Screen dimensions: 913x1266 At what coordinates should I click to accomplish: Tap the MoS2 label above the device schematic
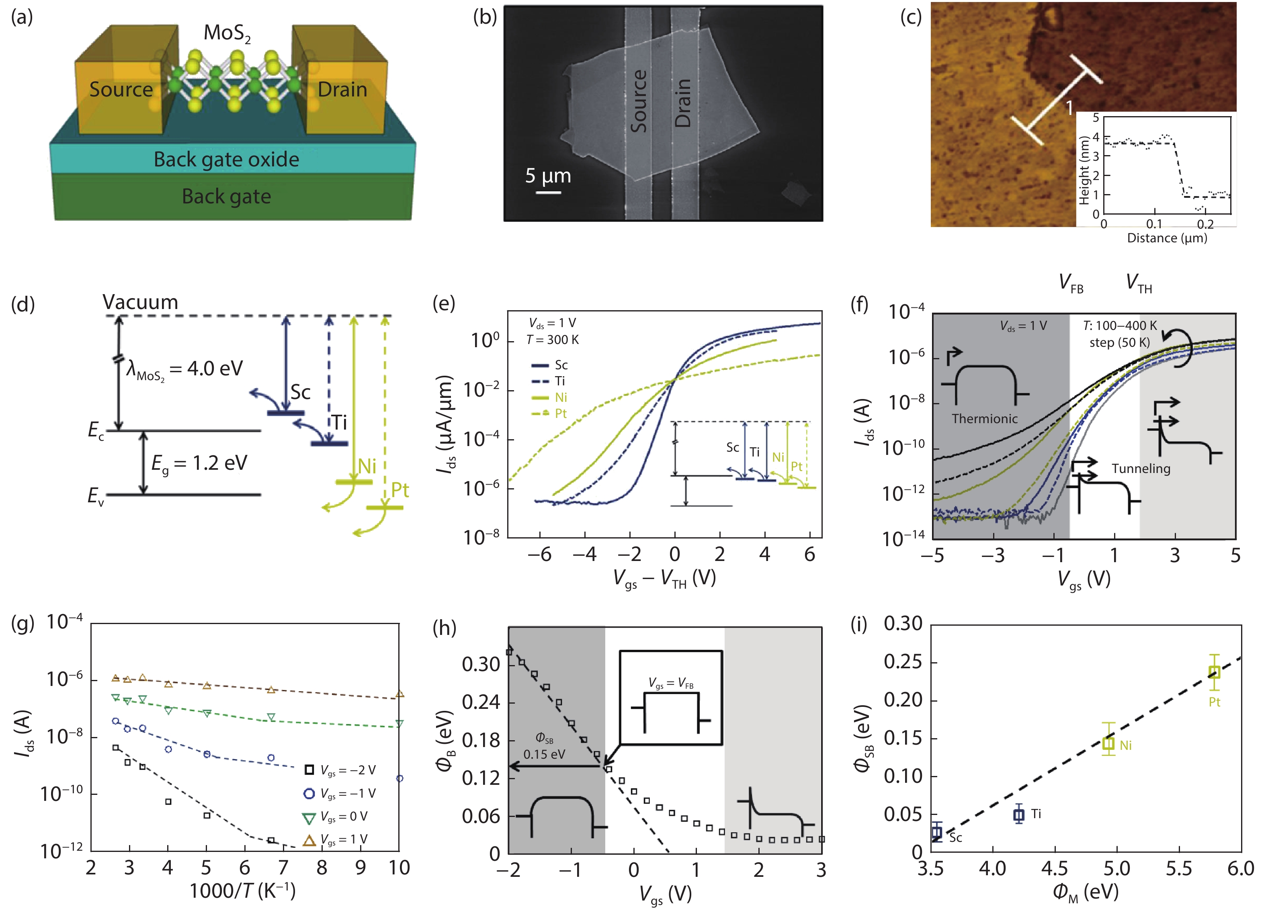tap(227, 33)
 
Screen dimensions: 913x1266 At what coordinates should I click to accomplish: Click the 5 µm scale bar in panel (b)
tap(549, 192)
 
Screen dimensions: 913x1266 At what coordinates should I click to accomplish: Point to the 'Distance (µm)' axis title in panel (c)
tap(1167, 238)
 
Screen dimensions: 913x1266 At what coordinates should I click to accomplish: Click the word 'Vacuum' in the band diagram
tap(140, 303)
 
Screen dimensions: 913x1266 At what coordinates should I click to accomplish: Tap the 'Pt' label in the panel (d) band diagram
tap(399, 490)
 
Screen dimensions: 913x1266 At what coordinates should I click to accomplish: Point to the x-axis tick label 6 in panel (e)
tap(809, 555)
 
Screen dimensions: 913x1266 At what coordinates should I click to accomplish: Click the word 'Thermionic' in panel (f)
tap(984, 419)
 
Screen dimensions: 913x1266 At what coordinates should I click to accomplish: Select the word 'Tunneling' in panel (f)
tap(1141, 469)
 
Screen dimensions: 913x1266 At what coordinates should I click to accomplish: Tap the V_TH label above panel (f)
tap(1139, 283)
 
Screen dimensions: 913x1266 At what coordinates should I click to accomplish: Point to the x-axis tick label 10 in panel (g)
tap(399, 868)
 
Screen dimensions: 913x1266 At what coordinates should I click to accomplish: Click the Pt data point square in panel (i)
tap(1214, 672)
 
